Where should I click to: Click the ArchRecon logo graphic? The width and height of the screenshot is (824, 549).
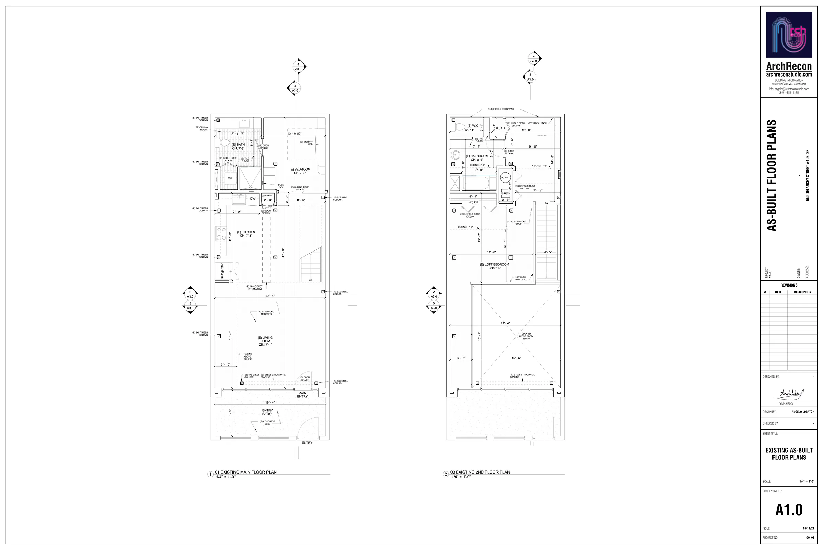789,35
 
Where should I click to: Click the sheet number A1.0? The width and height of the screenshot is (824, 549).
789,510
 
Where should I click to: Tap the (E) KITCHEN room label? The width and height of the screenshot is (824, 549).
246,234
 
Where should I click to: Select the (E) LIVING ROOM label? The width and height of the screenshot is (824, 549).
265,341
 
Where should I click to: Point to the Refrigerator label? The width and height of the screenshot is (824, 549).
222,271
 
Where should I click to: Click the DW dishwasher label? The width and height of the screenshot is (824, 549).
253,199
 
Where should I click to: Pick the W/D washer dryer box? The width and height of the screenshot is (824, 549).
230,178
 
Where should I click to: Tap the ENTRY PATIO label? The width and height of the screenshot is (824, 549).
267,412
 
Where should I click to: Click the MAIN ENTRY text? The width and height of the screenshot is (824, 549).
302,394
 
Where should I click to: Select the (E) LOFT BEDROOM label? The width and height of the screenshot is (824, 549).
494,266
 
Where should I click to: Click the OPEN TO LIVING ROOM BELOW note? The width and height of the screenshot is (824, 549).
526,336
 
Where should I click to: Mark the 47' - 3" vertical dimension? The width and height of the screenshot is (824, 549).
283,253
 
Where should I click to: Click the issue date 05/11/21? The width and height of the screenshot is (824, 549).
808,528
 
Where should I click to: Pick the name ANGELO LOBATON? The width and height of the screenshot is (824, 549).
803,412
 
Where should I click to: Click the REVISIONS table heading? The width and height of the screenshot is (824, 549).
789,285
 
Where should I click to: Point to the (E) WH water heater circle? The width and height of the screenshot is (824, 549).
505,177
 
